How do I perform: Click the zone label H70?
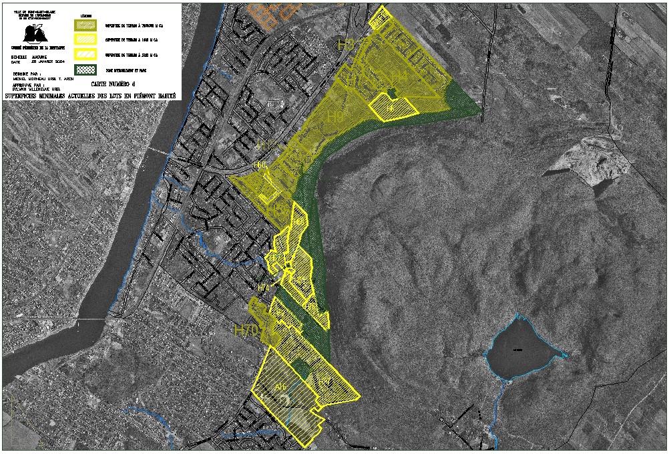[x=246, y=329]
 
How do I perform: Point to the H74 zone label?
[x=264, y=288]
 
